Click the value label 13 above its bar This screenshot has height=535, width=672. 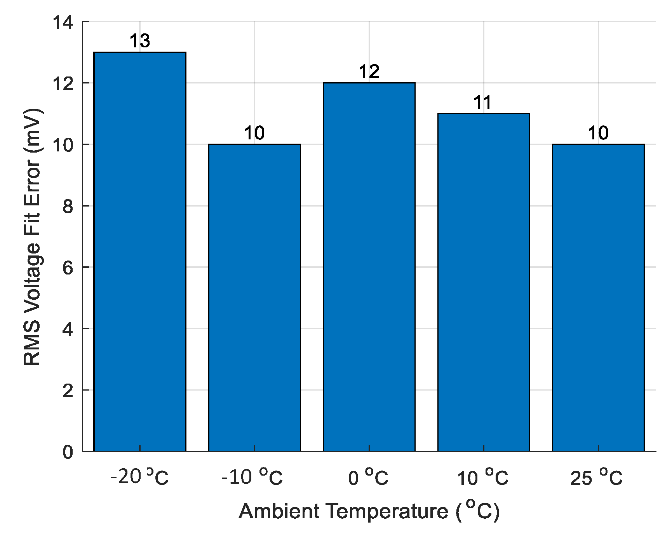tap(140, 41)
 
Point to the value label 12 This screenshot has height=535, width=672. tap(369, 72)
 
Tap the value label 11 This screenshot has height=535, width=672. tap(483, 103)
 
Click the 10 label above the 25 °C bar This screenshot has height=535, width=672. tap(598, 134)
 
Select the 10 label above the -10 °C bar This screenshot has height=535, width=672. tap(254, 134)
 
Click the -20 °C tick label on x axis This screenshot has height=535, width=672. tap(140, 477)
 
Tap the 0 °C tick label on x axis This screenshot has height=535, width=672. tap(368, 477)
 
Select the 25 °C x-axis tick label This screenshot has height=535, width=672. tap(597, 477)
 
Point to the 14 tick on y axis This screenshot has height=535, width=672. tap(63, 23)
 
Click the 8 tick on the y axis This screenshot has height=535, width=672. tap(68, 206)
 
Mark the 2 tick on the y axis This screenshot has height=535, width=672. tap(68, 391)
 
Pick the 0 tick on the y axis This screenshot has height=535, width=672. tap(68, 452)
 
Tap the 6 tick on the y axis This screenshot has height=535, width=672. tap(68, 267)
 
